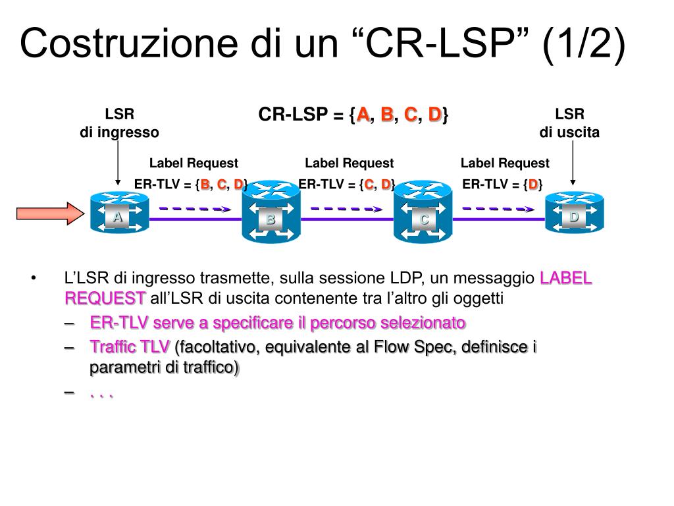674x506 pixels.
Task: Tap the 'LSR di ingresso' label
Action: coord(119,123)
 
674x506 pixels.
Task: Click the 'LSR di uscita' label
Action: coord(569,123)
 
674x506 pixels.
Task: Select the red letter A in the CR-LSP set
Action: coord(363,115)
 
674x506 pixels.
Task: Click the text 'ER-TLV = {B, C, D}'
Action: coord(191,184)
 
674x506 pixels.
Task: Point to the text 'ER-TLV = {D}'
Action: coord(503,184)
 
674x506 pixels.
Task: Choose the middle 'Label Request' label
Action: coord(349,163)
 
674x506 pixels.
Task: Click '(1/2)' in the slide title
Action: coord(583,44)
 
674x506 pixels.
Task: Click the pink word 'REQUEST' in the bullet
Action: coord(105,298)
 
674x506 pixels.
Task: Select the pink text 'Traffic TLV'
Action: coord(130,347)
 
